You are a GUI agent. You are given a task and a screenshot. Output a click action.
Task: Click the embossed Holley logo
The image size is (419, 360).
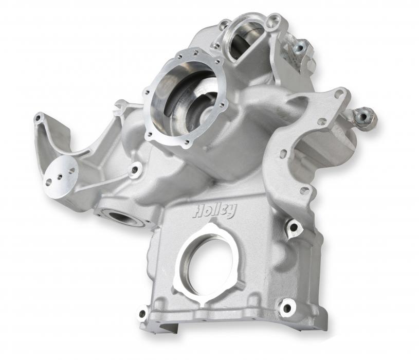pos(215,211)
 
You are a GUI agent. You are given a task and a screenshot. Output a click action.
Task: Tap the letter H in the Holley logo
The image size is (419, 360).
pos(198,211)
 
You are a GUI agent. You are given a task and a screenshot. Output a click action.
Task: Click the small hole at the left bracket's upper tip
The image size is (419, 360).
pos(39,117)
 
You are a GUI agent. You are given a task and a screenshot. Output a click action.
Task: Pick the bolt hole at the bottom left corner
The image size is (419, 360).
pos(143,313)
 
